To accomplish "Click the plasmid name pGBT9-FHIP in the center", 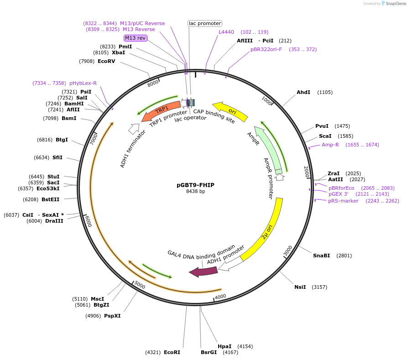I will pyautogui.click(x=195, y=185).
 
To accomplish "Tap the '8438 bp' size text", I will pyautogui.click(x=195, y=192).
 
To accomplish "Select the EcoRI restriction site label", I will pyautogui.click(x=172, y=352).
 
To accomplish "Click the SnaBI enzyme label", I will pyautogui.click(x=321, y=256).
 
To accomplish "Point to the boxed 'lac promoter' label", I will pyautogui.click(x=205, y=23).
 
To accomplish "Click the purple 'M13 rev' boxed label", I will pyautogui.click(x=135, y=38).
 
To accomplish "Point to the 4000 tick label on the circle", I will pyautogui.click(x=220, y=297).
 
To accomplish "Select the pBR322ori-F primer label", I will pyautogui.click(x=266, y=49).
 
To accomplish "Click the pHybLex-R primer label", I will pyautogui.click(x=83, y=83).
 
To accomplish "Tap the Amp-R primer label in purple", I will pyautogui.click(x=330, y=145).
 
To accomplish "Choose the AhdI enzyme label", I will pyautogui.click(x=303, y=92).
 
